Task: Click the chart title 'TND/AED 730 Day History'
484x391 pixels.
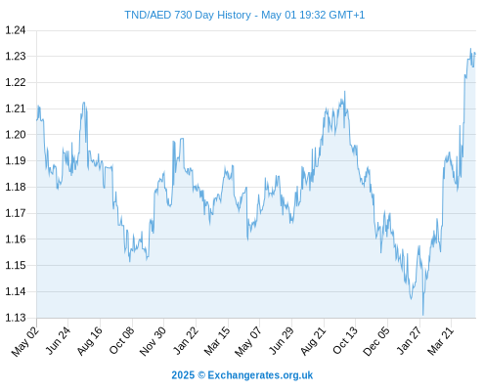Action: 188,15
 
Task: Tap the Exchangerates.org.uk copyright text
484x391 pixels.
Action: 242,375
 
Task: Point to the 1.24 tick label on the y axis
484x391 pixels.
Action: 16,30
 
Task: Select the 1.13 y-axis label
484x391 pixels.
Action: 16,318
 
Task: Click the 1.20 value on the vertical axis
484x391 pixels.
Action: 16,135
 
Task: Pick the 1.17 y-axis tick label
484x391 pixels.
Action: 16,213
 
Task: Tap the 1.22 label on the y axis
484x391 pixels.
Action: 16,82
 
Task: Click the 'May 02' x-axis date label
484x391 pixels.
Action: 25,341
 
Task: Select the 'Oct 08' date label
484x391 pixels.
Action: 121,341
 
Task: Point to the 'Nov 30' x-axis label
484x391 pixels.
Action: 153,341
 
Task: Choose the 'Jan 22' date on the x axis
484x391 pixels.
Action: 186,341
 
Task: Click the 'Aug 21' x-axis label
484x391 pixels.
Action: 313,341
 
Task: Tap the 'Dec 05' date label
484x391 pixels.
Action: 376,341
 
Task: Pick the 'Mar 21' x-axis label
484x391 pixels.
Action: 441,341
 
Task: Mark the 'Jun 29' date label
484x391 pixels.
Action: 281,341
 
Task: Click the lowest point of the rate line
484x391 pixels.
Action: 423,315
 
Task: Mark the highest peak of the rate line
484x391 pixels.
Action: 470,49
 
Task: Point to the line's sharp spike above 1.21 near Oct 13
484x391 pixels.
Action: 345,92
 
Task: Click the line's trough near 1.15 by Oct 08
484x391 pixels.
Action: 130,261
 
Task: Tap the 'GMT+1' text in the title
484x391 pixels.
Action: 347,15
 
